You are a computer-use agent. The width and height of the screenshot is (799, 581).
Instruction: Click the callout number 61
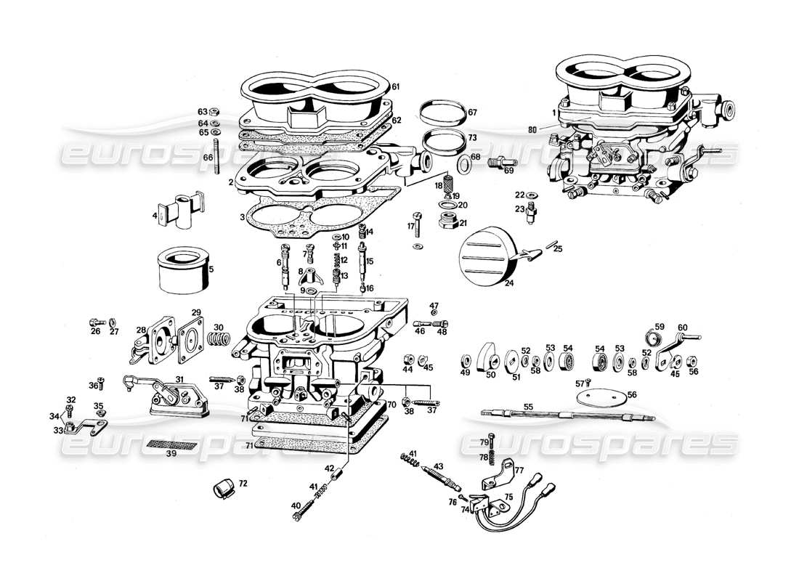pos(397,87)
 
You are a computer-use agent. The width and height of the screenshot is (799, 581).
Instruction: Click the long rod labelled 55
pos(567,416)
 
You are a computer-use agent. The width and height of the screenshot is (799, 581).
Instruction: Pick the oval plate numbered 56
pos(600,397)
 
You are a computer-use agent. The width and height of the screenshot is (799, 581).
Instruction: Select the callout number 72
pos(243,482)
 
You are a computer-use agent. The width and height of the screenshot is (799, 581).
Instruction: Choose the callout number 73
pos(472,138)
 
